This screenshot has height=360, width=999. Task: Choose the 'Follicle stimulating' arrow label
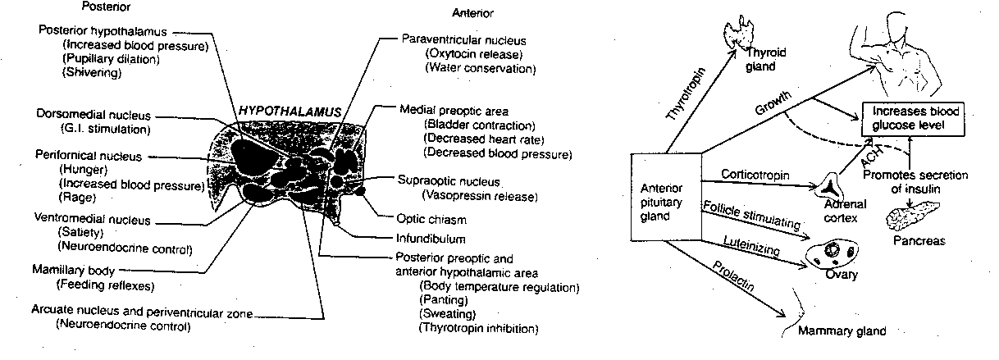coord(750,217)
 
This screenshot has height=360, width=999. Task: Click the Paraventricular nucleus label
coord(463,39)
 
